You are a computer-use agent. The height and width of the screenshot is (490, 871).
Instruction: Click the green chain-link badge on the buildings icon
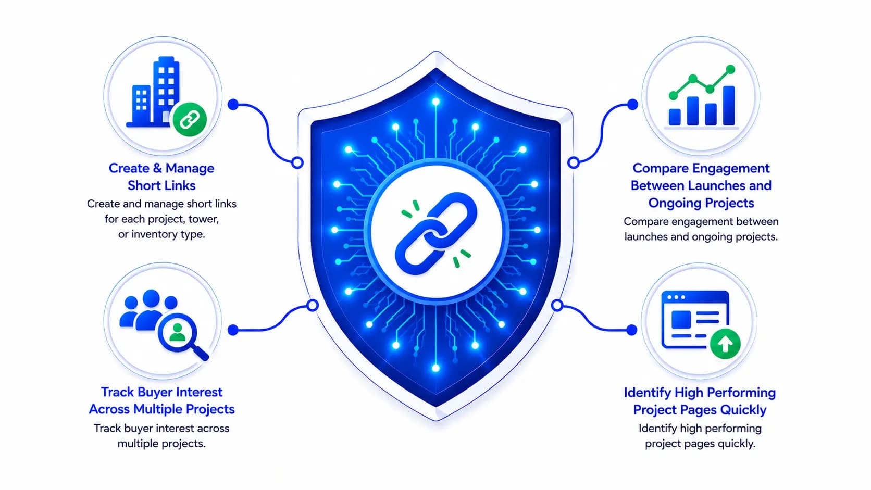pyautogui.click(x=190, y=119)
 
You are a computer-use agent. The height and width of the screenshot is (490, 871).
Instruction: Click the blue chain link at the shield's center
pyautogui.click(x=436, y=233)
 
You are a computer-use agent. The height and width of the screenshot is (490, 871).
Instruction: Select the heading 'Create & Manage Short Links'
pyautogui.click(x=161, y=177)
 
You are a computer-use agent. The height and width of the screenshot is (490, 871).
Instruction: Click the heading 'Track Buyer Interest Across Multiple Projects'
pyautogui.click(x=161, y=400)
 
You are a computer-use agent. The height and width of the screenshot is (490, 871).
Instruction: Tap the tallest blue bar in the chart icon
pyautogui.click(x=728, y=105)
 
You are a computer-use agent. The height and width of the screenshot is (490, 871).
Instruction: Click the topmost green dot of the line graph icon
pyautogui.click(x=730, y=70)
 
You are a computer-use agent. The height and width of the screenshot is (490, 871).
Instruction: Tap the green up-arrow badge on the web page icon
pyautogui.click(x=725, y=344)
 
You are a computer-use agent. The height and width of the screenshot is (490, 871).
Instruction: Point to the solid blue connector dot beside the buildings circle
pyautogui.click(x=233, y=104)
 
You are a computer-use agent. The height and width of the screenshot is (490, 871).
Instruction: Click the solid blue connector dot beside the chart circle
pyautogui.click(x=632, y=104)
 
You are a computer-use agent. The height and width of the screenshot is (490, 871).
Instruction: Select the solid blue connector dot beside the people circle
pyautogui.click(x=233, y=330)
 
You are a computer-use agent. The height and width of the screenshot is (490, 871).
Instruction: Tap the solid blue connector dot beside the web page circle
pyautogui.click(x=632, y=330)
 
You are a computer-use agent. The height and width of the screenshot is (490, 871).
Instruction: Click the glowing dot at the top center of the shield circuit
pyautogui.click(x=436, y=102)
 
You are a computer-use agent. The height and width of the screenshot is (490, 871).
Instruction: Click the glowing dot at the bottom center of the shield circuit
pyautogui.click(x=436, y=368)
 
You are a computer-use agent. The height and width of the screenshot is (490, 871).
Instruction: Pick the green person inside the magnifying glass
pyautogui.click(x=178, y=333)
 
